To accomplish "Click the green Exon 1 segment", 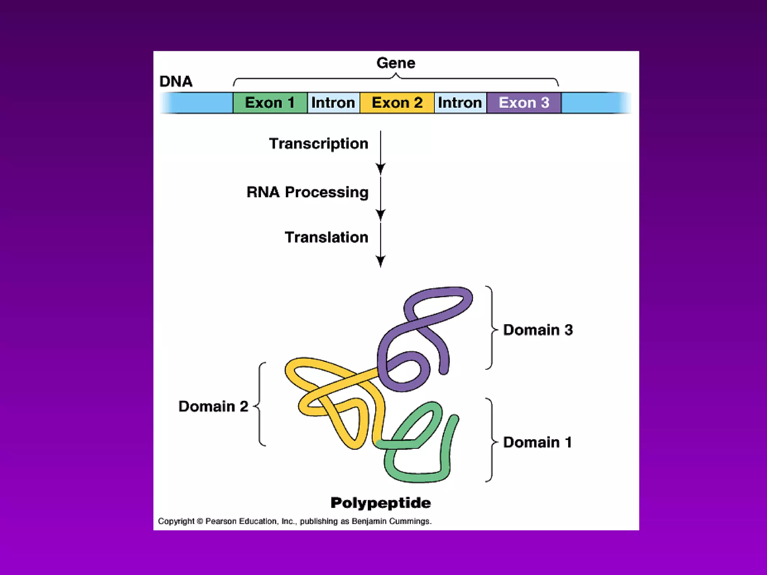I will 270,103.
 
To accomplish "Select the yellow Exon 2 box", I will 397,103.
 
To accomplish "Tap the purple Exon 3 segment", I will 524,103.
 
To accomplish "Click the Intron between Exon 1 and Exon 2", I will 333,103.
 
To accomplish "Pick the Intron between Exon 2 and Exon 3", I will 460,103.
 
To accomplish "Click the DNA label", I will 176,81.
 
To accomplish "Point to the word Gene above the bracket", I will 396,63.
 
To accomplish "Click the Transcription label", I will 319,143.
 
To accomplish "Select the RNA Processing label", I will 307,192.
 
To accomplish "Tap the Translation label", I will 327,237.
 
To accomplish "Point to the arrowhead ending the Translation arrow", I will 381,261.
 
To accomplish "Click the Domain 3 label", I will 538,330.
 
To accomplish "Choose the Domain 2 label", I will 213,406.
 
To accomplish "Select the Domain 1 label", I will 537,442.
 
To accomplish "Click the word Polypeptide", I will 381,503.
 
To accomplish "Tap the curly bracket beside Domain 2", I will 260,405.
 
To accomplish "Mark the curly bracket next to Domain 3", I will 491,328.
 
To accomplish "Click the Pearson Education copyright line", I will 295,521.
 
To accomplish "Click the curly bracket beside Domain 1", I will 491,440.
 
